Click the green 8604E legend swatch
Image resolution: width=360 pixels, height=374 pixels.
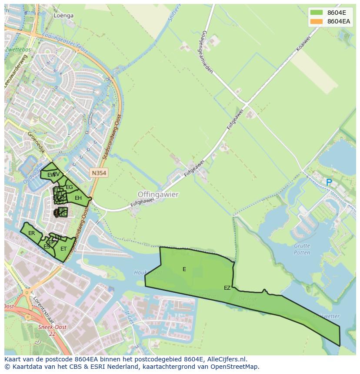317,12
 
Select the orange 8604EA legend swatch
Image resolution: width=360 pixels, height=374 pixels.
317,21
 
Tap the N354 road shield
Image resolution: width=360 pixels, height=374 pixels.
99,173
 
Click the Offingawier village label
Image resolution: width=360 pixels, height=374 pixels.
158,195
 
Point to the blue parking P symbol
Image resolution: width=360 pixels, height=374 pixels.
329,183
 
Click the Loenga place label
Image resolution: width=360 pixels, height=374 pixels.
63,16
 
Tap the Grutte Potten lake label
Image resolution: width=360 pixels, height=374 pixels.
302,249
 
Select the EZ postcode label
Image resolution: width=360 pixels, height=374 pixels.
227,288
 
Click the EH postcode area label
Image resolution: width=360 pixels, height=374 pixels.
78,198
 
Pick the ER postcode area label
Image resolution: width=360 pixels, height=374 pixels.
31,233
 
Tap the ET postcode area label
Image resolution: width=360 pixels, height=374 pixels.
63,249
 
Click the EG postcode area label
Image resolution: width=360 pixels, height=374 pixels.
69,187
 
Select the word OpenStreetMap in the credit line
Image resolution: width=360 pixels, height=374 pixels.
234,367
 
